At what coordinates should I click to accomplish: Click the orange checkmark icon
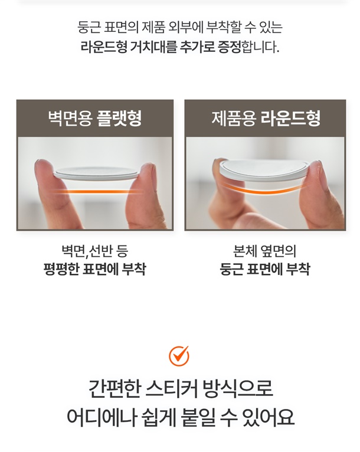click(179, 355)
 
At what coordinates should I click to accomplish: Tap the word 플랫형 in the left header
click(119, 118)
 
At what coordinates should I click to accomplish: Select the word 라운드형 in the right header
click(290, 118)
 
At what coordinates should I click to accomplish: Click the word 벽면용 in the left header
click(70, 118)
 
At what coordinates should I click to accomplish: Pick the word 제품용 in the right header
click(234, 118)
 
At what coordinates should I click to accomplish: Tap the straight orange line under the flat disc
click(97, 191)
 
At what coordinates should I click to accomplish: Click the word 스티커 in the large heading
click(172, 388)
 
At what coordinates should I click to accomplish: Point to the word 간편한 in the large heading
click(114, 388)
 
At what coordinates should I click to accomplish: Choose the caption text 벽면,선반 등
click(95, 251)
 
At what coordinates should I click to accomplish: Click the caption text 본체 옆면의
click(264, 251)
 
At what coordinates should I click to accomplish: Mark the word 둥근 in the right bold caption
click(231, 269)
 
